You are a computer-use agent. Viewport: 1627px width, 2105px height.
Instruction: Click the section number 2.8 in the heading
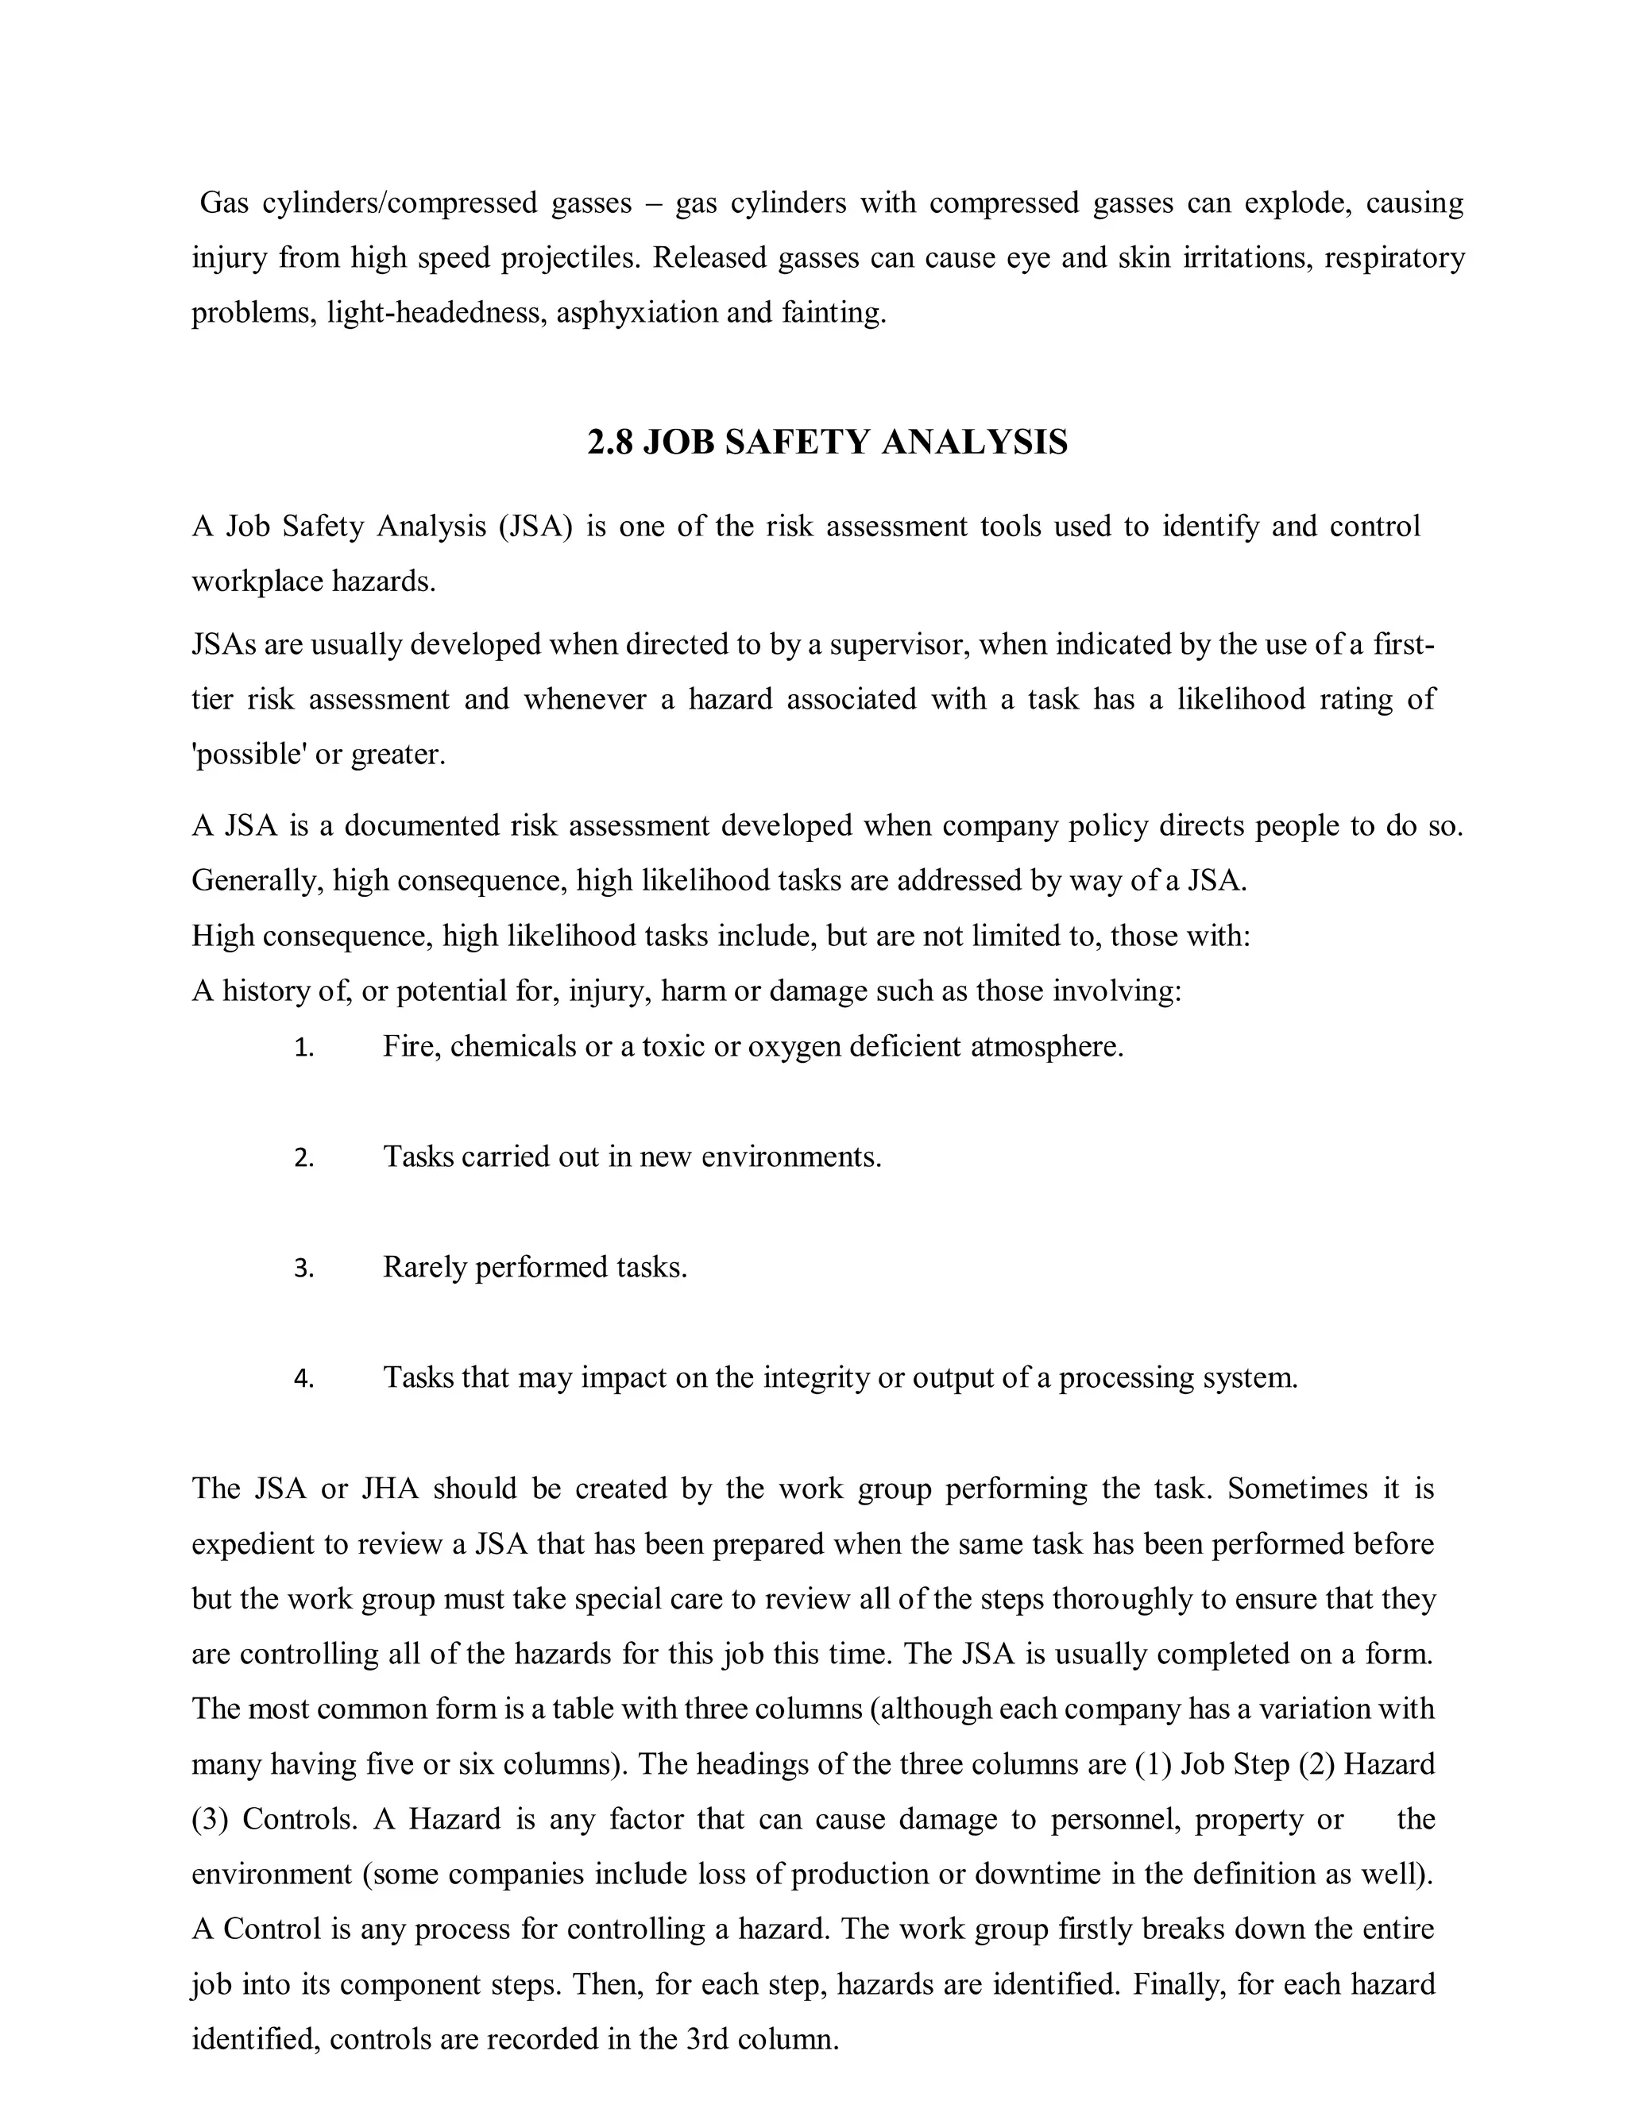tap(610, 442)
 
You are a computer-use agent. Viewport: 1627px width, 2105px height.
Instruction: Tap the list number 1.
tap(303, 1049)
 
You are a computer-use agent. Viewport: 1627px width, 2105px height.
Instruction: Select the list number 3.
tap(303, 1269)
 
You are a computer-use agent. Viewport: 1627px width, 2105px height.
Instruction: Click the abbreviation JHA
tap(389, 1489)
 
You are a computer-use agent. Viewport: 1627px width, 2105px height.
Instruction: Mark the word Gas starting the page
tap(223, 203)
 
